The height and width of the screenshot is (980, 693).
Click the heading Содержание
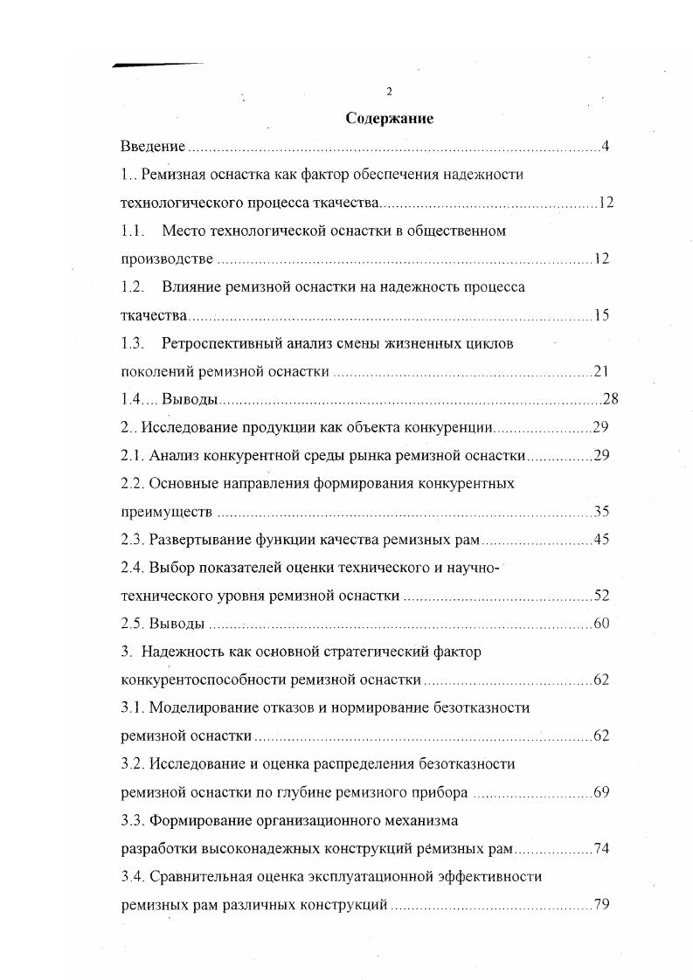point(390,118)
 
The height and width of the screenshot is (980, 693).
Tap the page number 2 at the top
point(389,92)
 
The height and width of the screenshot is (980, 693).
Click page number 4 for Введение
point(605,146)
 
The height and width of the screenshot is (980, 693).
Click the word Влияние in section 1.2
point(191,287)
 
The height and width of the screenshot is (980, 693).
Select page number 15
point(600,315)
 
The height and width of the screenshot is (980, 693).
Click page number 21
point(600,371)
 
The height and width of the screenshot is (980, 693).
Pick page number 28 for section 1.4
point(610,399)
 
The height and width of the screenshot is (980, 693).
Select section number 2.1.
point(132,455)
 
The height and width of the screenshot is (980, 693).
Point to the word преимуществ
point(166,511)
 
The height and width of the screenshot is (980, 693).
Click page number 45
point(600,539)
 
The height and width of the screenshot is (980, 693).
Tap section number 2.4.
point(132,568)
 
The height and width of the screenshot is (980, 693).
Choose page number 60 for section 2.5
point(600,623)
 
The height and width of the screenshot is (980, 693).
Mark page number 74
point(600,848)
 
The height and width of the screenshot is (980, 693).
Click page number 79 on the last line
point(600,904)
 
